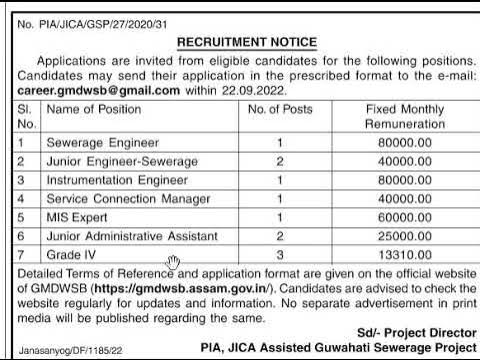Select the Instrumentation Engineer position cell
117,180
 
